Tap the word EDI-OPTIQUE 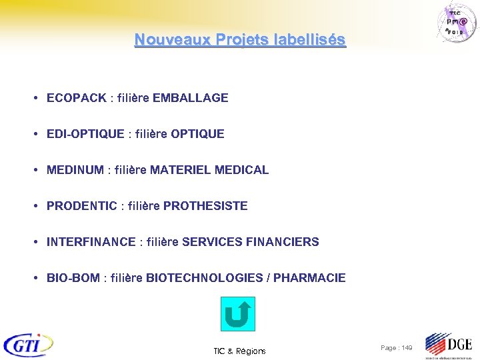(x=85, y=134)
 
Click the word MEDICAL (x=242, y=170)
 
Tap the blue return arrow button (x=237, y=314)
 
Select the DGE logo (x=449, y=345)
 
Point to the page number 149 (x=405, y=348)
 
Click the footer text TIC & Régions (x=239, y=351)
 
